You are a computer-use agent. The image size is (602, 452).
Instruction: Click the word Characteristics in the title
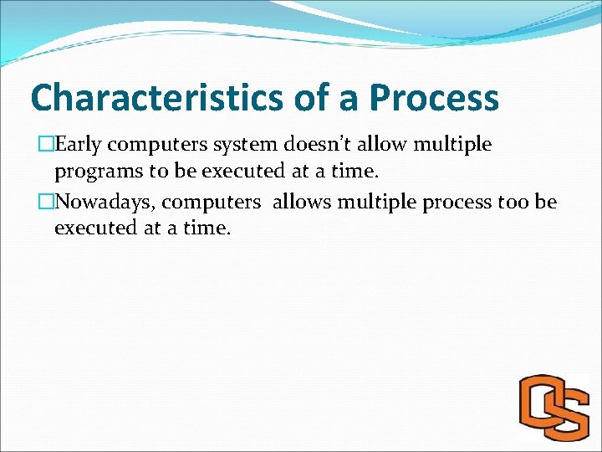point(159,99)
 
